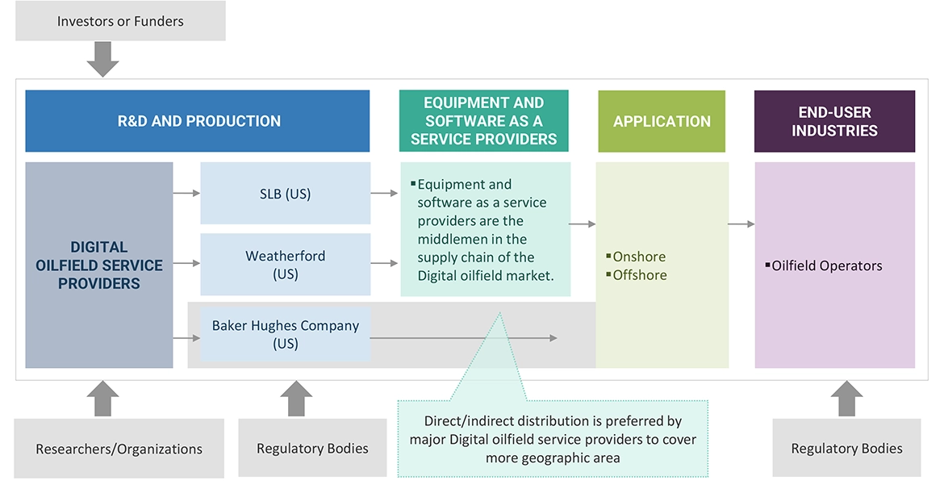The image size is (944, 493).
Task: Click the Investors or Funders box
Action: [x=120, y=21]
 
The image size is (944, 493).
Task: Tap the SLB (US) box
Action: [x=285, y=194]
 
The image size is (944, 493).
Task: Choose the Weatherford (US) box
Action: [x=285, y=265]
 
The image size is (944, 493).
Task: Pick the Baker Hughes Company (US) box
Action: [x=285, y=334]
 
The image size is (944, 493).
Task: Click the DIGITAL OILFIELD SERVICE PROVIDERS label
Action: [x=98, y=265]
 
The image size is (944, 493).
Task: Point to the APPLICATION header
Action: [x=662, y=121]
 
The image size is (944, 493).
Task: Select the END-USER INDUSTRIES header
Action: [x=834, y=121]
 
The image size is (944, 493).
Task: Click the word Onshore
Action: [x=639, y=257]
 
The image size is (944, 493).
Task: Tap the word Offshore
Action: [x=640, y=275]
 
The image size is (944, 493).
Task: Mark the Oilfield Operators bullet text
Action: [x=827, y=265]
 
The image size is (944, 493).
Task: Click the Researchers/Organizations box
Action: [x=119, y=449]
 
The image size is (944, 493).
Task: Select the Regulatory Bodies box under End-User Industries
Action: [x=846, y=449]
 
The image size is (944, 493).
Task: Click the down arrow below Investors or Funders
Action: [x=103, y=59]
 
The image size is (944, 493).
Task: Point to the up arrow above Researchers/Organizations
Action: [x=103, y=399]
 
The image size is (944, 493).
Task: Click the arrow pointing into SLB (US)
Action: [x=186, y=194]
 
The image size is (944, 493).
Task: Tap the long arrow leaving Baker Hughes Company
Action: [x=464, y=338]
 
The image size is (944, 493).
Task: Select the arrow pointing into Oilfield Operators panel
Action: [x=741, y=224]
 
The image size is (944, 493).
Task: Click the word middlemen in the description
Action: [x=452, y=239]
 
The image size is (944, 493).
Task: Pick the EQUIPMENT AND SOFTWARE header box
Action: [x=483, y=121]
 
